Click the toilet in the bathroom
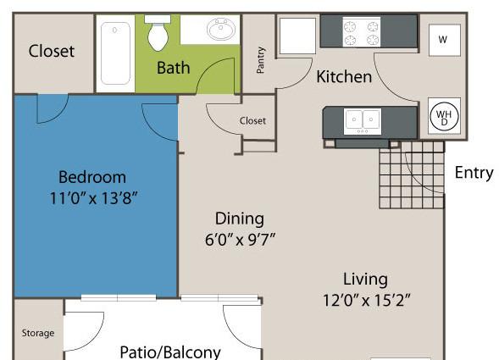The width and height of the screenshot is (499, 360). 158,33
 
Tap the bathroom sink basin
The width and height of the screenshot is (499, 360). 221,29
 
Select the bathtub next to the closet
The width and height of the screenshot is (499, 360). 115,53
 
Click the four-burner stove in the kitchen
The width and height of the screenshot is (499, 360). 361,32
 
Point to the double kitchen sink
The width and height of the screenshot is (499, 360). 363,121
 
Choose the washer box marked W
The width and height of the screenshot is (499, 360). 445,40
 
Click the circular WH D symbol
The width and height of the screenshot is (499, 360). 444,117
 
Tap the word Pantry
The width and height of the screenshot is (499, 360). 260,60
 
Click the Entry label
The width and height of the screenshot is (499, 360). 474,173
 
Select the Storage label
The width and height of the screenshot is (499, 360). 38,333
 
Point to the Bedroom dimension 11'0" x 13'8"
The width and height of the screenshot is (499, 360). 93,198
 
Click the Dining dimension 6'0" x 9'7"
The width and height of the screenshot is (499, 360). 240,240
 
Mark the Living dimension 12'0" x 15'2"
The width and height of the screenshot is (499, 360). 367,300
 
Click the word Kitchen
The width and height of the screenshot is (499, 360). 344,77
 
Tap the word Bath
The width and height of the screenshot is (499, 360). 174,68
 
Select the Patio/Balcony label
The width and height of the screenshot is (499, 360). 170,352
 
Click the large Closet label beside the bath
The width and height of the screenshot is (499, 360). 51,51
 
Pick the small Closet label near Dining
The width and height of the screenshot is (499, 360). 252,121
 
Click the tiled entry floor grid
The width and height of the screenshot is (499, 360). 412,175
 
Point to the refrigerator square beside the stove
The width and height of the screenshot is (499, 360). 297,36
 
